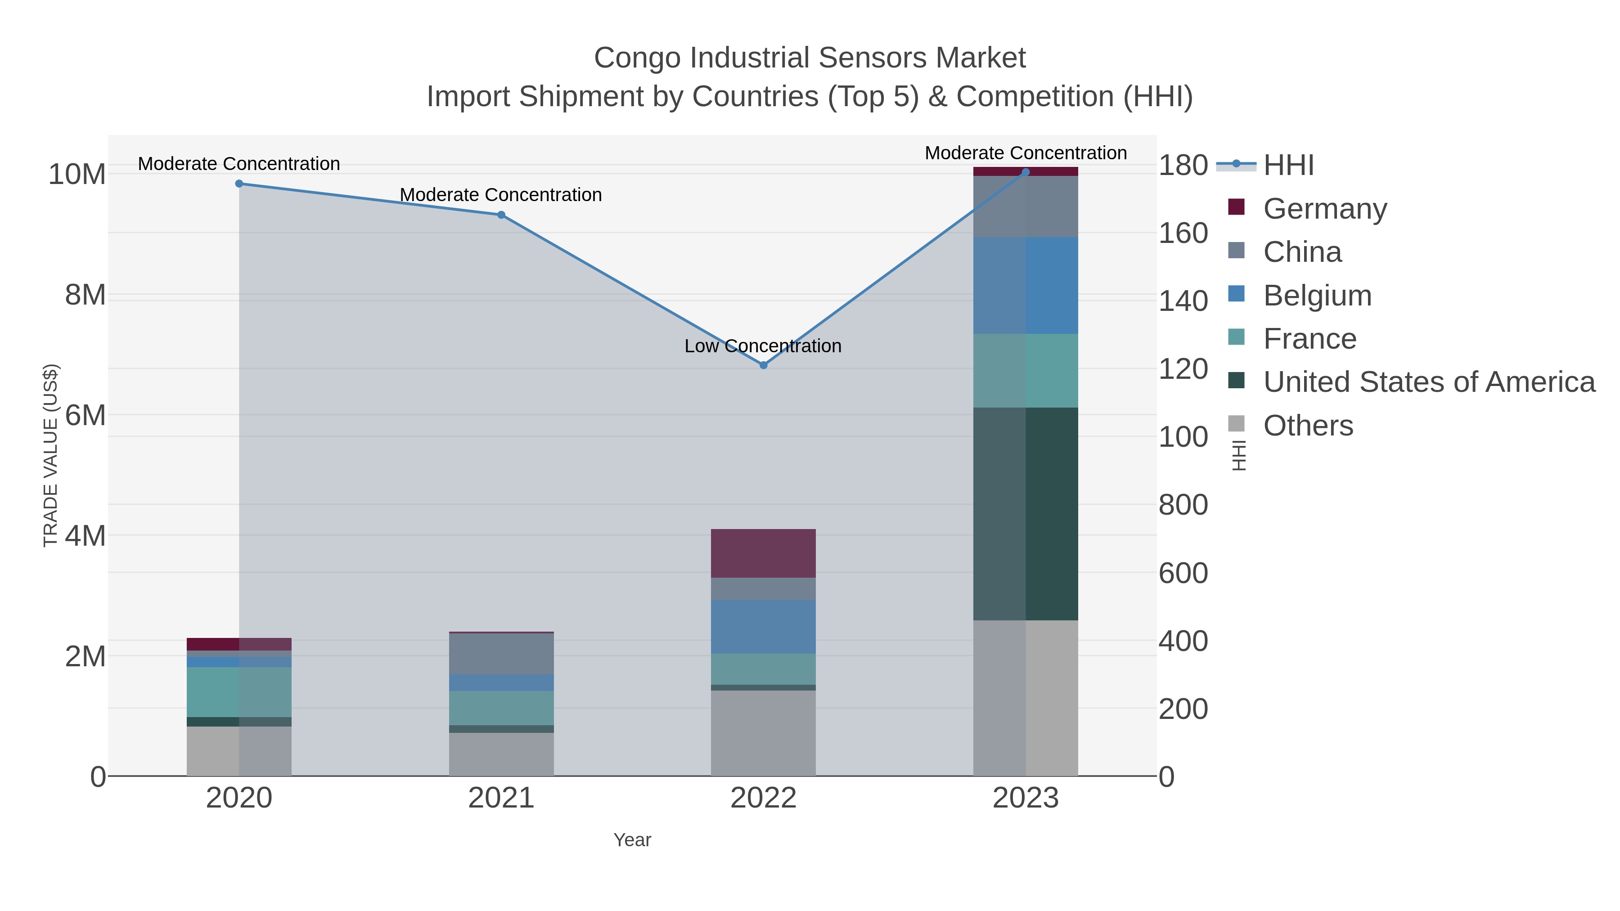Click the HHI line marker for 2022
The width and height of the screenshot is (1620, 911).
[x=764, y=365]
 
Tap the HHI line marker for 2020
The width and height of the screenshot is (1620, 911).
[x=239, y=184]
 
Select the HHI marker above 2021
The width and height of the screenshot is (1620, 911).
[x=501, y=215]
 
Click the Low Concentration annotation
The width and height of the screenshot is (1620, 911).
[x=762, y=346]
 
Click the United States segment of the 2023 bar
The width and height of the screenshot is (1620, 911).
[x=1025, y=514]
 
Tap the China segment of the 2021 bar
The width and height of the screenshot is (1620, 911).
[x=501, y=654]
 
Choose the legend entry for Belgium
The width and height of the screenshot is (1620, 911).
[x=1317, y=296]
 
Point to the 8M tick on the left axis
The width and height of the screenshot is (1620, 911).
[x=85, y=295]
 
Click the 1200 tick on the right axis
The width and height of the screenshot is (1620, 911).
[x=1183, y=369]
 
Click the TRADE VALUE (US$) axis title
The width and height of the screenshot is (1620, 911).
[x=50, y=455]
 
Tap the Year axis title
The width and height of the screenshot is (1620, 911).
[x=632, y=840]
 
